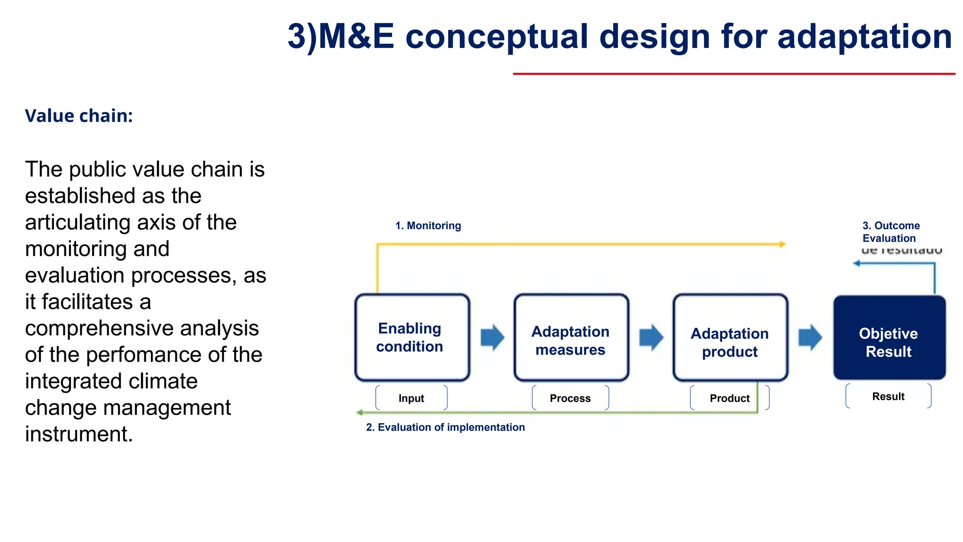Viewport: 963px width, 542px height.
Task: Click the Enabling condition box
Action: click(x=412, y=337)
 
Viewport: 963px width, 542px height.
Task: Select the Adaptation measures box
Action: click(x=571, y=337)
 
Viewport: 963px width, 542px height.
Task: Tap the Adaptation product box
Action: click(x=730, y=337)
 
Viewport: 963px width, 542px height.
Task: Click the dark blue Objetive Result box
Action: click(x=889, y=337)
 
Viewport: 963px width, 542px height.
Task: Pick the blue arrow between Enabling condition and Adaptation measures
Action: click(x=492, y=337)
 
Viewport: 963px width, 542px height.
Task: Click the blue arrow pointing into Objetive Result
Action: click(x=810, y=337)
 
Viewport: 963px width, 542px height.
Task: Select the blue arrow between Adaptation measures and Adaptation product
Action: click(x=651, y=337)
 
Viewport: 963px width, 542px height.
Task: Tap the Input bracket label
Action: click(x=411, y=398)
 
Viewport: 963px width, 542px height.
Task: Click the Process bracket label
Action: click(x=570, y=398)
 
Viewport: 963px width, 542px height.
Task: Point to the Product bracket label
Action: click(x=729, y=398)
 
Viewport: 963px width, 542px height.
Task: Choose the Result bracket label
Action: click(x=888, y=396)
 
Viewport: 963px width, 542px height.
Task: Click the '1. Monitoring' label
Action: click(x=428, y=225)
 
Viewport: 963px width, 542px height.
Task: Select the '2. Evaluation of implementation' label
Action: click(x=445, y=427)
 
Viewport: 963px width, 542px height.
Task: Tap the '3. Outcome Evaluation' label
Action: click(x=890, y=232)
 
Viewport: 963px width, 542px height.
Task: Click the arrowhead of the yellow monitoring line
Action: click(x=782, y=244)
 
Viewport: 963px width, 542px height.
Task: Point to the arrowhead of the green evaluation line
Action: click(x=360, y=413)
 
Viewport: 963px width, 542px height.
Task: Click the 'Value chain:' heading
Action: click(x=79, y=116)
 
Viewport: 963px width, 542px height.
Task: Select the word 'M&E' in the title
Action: click(x=356, y=36)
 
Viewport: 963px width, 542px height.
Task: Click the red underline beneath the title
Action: click(x=734, y=74)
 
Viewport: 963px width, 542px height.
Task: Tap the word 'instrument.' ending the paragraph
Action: click(x=79, y=434)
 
